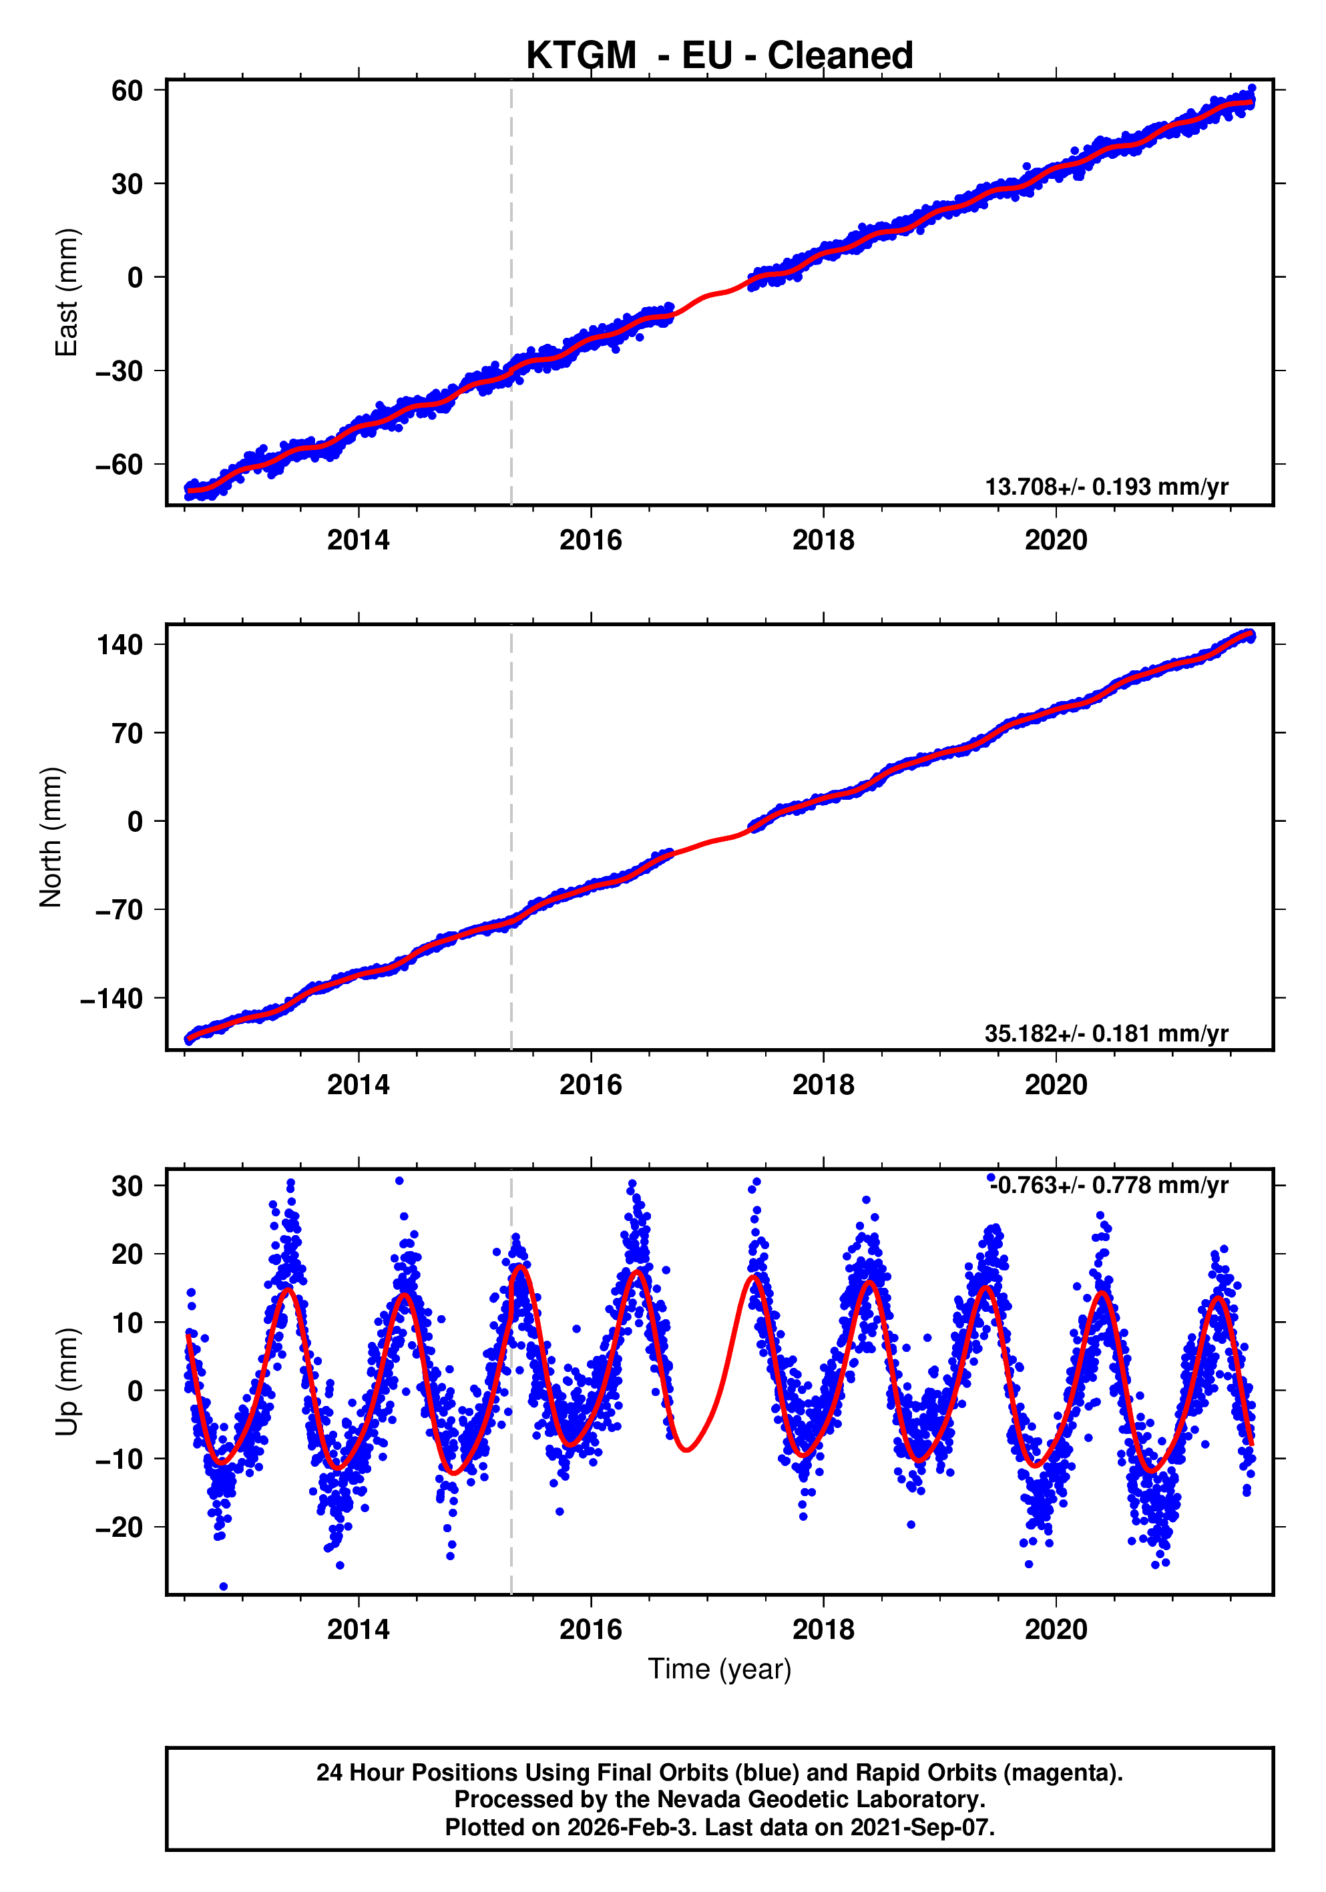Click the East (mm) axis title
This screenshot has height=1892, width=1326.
66,292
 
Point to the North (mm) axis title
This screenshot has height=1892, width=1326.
51,837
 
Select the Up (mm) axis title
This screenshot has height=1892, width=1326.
66,1382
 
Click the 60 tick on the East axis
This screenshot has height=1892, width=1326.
127,91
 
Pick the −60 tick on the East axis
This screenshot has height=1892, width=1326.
119,465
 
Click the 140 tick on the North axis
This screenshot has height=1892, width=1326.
120,644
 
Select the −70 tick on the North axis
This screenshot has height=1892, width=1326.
119,910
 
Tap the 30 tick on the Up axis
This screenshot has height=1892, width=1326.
127,1186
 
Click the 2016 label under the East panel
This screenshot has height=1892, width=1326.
590,541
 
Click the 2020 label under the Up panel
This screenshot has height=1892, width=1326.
1055,1629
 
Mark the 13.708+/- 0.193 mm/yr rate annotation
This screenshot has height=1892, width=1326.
1106,487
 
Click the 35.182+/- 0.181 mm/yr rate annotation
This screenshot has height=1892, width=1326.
1106,1033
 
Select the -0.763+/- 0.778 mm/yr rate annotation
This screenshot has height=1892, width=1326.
1108,1186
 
